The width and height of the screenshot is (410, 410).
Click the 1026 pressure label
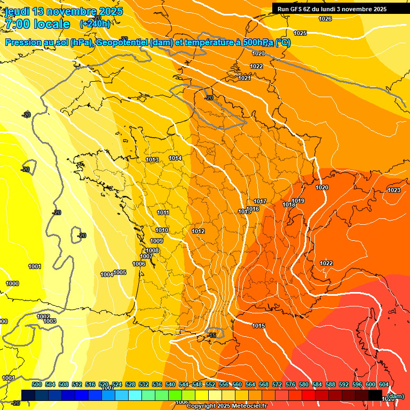(325, 19)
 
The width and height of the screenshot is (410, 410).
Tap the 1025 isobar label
(300, 33)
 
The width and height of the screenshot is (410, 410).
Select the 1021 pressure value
(245, 78)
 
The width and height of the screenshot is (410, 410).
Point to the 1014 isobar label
(175, 158)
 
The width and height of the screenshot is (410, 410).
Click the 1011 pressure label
(163, 212)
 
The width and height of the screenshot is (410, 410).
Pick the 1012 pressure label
(198, 231)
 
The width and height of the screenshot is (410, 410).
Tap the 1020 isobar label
(322, 187)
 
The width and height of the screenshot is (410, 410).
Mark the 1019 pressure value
(298, 201)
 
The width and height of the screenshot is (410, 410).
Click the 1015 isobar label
(259, 326)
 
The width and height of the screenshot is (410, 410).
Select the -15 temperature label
(212, 335)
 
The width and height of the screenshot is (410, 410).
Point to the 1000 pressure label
(12, 283)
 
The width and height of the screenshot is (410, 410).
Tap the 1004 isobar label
(107, 274)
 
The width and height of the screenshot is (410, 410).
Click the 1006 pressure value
(139, 264)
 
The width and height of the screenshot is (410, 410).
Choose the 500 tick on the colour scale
(37, 384)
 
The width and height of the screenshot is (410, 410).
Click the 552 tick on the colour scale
(210, 384)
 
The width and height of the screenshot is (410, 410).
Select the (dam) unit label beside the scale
(395, 397)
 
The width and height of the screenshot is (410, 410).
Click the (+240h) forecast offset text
(95, 23)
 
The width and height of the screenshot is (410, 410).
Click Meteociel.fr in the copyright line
(249, 406)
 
